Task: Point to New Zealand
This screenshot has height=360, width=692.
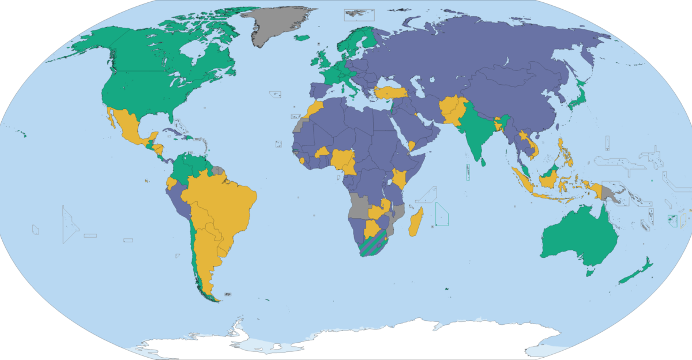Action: [637, 271]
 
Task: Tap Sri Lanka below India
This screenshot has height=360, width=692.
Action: [483, 161]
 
